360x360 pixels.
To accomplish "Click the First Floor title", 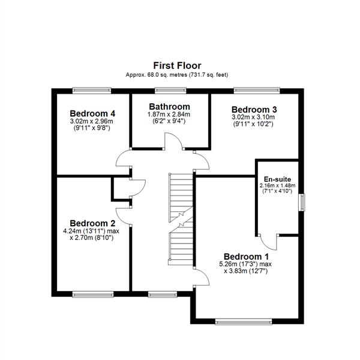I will point(177,65).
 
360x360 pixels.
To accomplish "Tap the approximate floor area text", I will point(177,74).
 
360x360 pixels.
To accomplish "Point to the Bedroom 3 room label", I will point(254,109).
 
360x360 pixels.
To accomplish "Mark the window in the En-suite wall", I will point(302,202).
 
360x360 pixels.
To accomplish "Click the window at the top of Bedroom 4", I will point(92,91).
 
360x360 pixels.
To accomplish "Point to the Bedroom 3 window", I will point(259,91).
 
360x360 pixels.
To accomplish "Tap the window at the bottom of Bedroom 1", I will point(238,322).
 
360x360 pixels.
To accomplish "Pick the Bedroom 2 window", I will point(93,294).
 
